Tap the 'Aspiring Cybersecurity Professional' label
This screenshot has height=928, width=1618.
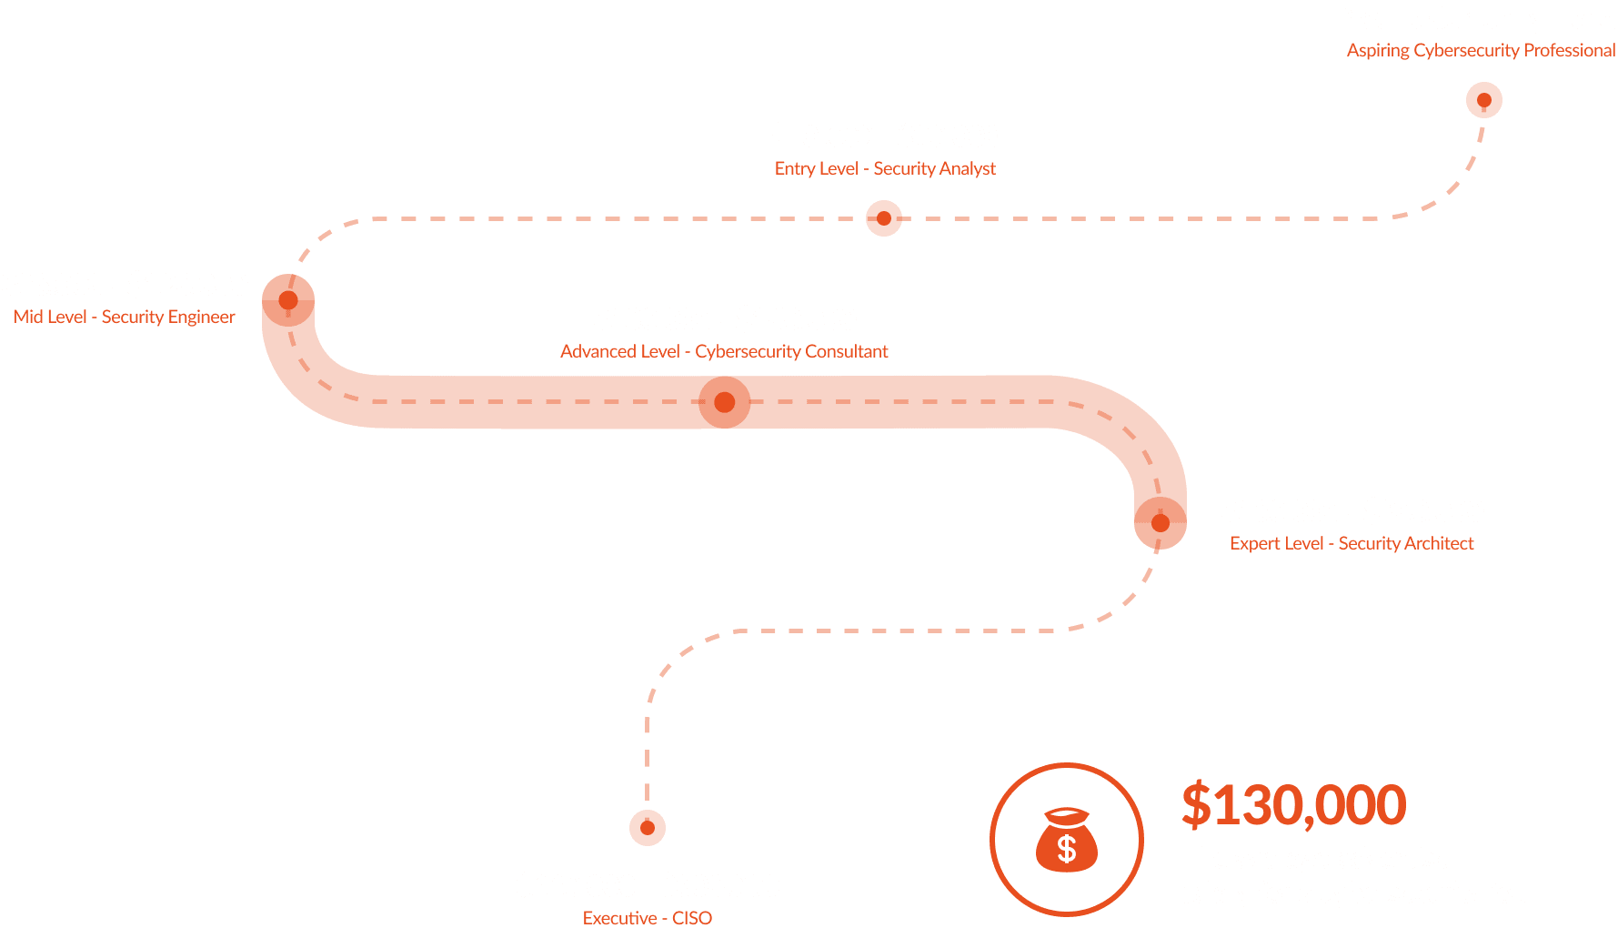1481,50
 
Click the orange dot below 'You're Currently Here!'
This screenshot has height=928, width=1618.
1483,100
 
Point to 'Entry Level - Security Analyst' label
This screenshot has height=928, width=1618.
885,168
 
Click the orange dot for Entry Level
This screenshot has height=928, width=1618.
883,218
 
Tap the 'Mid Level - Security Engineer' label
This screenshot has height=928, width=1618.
125,317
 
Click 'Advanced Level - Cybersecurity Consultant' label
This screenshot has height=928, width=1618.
724,351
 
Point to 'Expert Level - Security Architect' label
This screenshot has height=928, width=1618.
1352,543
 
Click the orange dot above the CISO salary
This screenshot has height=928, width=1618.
648,828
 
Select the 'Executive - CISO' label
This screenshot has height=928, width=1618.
648,917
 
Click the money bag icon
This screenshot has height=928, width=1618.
1067,840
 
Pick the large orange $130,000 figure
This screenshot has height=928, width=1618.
1293,805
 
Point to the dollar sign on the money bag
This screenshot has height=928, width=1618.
1067,849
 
